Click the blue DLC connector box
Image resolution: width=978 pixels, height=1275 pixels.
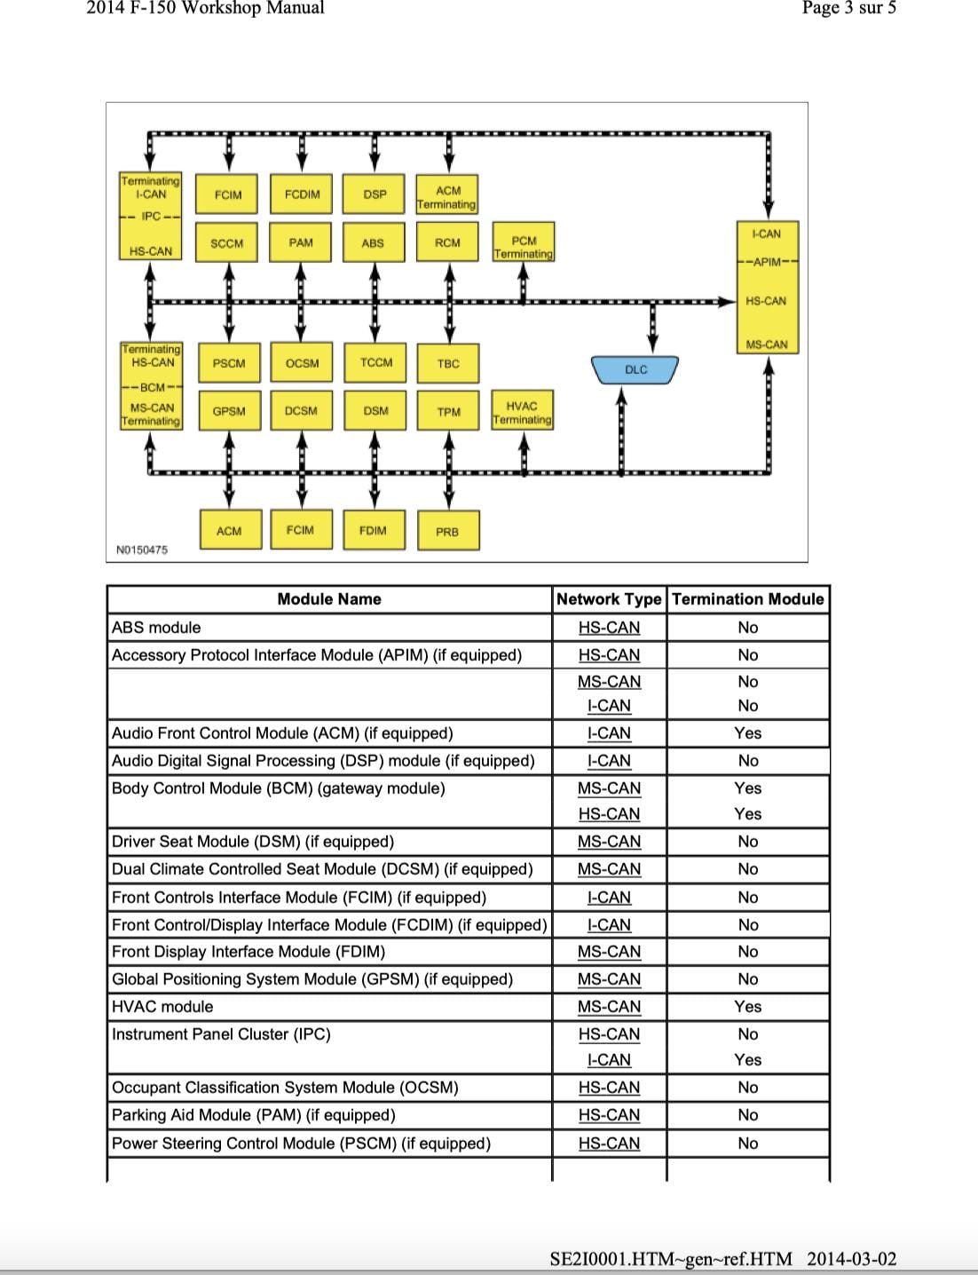coord(635,369)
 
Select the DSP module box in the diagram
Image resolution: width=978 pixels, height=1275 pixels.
coord(375,194)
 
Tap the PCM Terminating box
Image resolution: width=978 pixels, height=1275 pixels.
coord(524,247)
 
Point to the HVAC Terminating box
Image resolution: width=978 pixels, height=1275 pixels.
coord(522,413)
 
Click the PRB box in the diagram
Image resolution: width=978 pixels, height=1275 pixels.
coord(447,531)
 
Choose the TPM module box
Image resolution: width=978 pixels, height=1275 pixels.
coord(448,412)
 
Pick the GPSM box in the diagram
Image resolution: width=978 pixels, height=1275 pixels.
coord(229,411)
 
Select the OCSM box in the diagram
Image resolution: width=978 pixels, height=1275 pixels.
coord(302,363)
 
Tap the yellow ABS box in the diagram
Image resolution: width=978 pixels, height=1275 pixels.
coord(374,242)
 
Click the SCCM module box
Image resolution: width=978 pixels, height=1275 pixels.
coord(227,242)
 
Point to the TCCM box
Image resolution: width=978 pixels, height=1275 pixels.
coord(376,362)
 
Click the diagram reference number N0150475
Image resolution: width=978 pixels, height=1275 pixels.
coord(142,550)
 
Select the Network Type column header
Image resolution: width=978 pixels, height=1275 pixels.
coord(609,599)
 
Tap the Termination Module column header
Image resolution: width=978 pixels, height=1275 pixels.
coord(747,599)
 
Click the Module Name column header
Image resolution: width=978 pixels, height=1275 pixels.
coord(329,599)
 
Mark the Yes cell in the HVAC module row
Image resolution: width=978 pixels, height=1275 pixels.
coord(747,1007)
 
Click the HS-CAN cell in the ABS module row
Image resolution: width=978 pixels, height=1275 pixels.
coord(609,628)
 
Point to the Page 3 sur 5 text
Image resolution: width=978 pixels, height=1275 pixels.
coord(848,9)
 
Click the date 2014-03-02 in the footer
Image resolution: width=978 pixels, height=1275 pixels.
coord(852,1259)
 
